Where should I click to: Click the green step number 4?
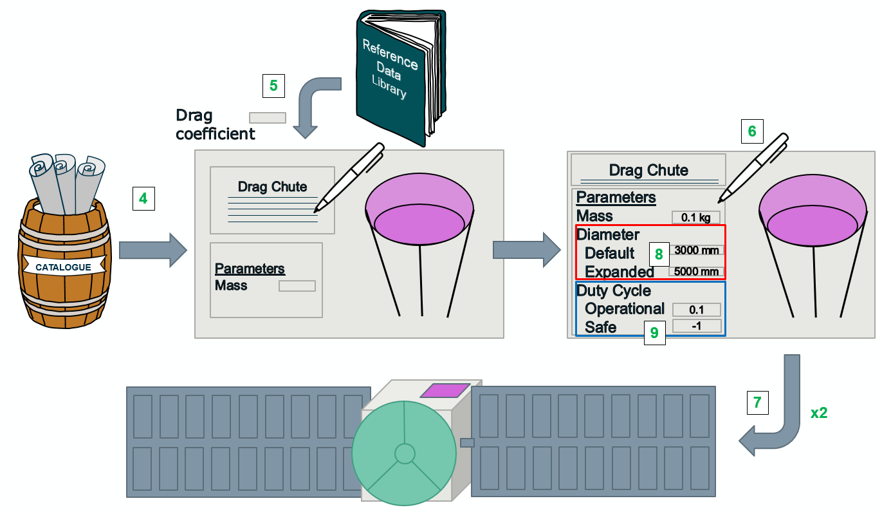tap(143, 198)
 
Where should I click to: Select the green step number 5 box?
tap(273, 85)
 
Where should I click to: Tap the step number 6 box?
tap(751, 131)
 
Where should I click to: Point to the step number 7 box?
tap(757, 403)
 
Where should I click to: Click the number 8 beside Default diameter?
tap(659, 254)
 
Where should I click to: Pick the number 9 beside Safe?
tap(654, 332)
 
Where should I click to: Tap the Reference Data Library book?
tap(395, 71)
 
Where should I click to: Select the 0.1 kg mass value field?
tap(695, 217)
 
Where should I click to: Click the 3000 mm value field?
tap(696, 250)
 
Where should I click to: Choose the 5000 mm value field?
tap(696, 271)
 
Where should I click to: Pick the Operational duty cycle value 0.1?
tap(696, 309)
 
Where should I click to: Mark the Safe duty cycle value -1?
tap(696, 326)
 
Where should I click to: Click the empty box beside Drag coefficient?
tap(268, 117)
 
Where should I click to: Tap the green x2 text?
tap(818, 413)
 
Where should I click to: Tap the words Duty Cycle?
tap(614, 290)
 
